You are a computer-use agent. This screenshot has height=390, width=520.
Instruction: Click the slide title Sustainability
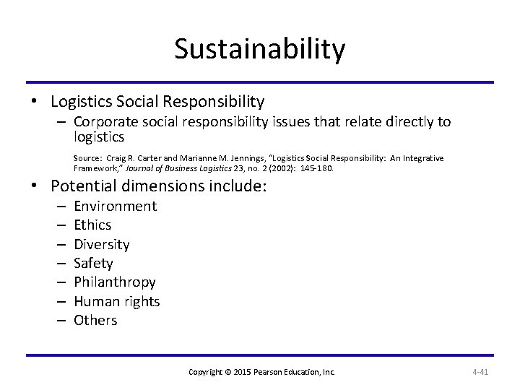[x=260, y=49]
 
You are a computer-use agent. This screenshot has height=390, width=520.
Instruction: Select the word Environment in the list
[x=115, y=207]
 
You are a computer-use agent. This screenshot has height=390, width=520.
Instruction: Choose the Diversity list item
[x=102, y=244]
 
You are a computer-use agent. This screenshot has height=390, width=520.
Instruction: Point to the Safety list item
[x=94, y=264]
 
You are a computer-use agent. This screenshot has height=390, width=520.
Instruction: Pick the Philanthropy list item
[x=115, y=282]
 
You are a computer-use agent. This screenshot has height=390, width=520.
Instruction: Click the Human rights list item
[x=116, y=301]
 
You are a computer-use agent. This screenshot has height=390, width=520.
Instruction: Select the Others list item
[x=95, y=320]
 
